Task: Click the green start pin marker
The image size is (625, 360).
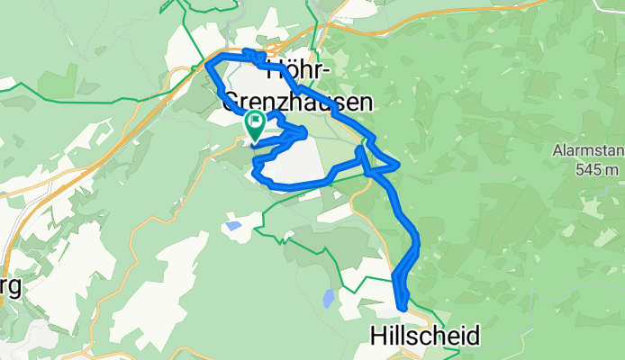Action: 254,123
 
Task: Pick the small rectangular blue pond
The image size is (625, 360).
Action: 233,226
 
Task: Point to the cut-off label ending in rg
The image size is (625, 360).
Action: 10,288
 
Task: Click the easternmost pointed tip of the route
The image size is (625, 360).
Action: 398,165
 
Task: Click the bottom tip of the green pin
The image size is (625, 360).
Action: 254,140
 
